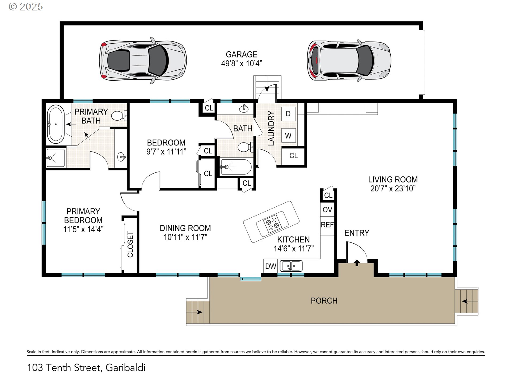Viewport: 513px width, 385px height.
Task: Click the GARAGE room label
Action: (242, 55)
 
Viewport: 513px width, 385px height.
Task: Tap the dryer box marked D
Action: (288, 114)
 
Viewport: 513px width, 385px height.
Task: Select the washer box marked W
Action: (288, 136)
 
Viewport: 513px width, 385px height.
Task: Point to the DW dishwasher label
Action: (270, 266)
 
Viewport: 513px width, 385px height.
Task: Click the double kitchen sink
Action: (291, 266)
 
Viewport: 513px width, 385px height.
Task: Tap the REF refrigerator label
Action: (327, 225)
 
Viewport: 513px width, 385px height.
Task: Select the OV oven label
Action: (327, 210)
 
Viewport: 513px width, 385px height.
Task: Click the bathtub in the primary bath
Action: (56, 124)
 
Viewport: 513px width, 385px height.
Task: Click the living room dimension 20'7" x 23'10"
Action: (393, 189)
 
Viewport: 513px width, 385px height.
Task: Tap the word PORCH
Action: (324, 301)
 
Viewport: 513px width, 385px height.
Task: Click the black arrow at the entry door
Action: (357, 263)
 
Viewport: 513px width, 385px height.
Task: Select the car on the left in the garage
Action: (143, 60)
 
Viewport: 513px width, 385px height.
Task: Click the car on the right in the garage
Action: (349, 60)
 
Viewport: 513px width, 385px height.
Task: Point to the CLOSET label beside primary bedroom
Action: (130, 244)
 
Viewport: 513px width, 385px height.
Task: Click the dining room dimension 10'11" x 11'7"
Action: (185, 237)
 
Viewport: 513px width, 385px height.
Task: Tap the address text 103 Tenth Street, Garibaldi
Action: (86, 368)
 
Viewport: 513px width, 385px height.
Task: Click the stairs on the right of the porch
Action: (467, 301)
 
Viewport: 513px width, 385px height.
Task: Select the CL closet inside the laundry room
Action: (293, 156)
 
